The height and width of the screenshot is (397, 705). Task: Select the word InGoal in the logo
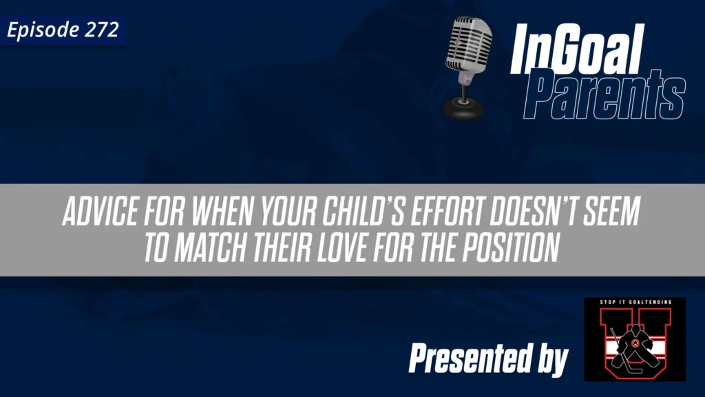576,52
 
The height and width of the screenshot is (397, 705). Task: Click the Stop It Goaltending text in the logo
634,305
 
